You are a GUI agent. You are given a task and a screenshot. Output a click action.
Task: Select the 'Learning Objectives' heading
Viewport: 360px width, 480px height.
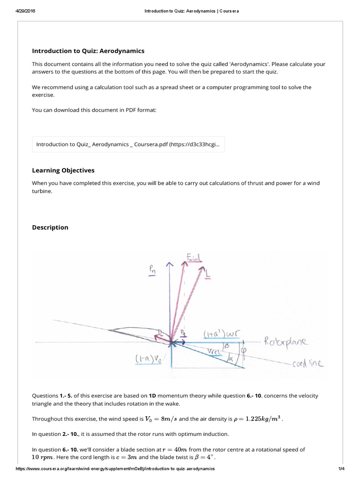pos(63,170)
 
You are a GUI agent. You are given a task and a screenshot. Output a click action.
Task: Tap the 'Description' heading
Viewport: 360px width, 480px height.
pos(50,227)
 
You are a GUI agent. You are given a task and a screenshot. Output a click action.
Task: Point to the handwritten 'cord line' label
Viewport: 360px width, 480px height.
pos(307,364)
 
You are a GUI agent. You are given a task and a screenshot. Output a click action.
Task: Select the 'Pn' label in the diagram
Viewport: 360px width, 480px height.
pos(152,271)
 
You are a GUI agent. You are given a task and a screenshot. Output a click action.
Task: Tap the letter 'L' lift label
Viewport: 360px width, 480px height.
pos(208,271)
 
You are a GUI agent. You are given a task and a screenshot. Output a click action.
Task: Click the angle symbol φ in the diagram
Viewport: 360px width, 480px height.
pos(244,349)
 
